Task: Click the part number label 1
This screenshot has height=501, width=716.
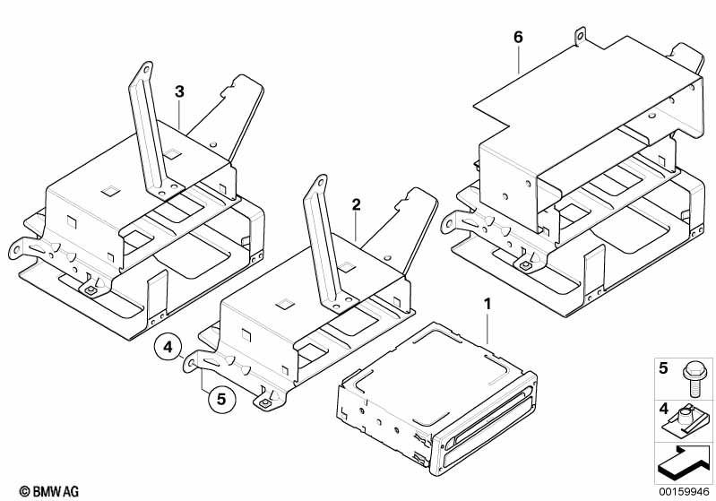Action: pyautogui.click(x=487, y=306)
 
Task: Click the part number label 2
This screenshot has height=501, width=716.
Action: pyautogui.click(x=356, y=204)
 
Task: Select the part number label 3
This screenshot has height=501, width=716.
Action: pyautogui.click(x=179, y=91)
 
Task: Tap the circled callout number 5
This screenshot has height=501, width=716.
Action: pyautogui.click(x=220, y=398)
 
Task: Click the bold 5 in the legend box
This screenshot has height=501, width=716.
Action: pyautogui.click(x=664, y=367)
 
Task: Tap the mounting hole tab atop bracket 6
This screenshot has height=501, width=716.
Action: pyautogui.click(x=581, y=37)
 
